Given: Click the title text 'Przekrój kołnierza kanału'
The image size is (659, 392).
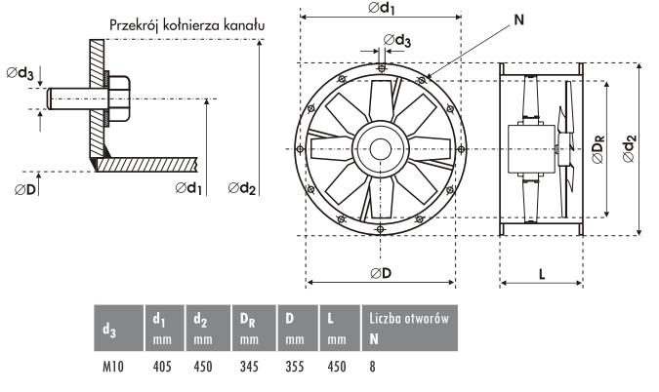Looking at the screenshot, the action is (x=187, y=25).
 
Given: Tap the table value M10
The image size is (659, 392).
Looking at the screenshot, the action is (x=113, y=367).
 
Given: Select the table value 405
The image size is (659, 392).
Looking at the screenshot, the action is (x=162, y=367).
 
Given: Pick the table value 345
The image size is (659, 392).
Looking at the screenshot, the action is (x=249, y=367).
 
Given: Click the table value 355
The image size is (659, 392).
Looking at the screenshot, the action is (x=295, y=367).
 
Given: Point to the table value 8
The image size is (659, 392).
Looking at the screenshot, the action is (x=372, y=367).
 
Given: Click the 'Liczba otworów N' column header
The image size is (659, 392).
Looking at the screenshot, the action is (x=410, y=328).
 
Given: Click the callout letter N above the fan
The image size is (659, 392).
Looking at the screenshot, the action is (x=519, y=20).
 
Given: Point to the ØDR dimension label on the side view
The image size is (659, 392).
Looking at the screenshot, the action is (x=597, y=148).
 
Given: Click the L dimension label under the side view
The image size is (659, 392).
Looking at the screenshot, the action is (x=542, y=274).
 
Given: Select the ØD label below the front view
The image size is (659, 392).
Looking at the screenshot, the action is (x=381, y=273).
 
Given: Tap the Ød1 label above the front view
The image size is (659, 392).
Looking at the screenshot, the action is (x=382, y=8).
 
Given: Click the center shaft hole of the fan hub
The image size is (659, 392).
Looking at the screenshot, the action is (x=381, y=149).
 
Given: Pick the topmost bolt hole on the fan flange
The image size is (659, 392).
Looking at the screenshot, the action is (x=381, y=68).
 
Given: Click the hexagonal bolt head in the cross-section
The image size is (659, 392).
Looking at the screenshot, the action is (x=119, y=99).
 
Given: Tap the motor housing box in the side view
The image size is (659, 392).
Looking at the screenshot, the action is (x=532, y=149).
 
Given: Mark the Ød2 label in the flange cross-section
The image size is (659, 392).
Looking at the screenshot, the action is (x=242, y=188).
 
